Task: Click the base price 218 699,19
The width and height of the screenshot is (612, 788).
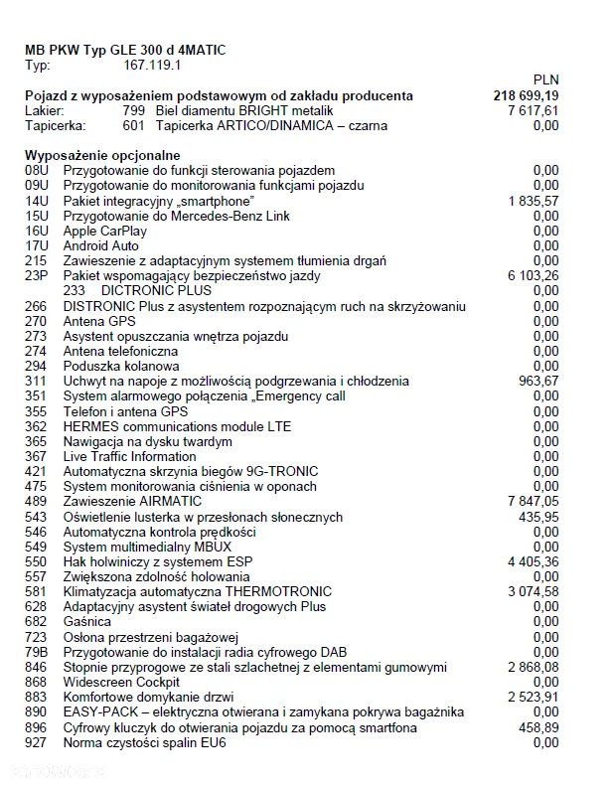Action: click(x=526, y=95)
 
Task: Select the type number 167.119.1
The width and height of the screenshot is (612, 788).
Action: click(x=151, y=66)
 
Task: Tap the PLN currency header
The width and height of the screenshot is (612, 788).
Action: click(x=545, y=79)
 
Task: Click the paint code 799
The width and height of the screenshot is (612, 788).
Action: click(x=133, y=111)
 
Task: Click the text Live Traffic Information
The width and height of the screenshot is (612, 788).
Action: click(x=129, y=456)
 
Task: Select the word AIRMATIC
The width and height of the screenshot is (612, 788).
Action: click(x=173, y=501)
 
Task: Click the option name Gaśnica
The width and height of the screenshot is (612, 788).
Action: click(x=86, y=621)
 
